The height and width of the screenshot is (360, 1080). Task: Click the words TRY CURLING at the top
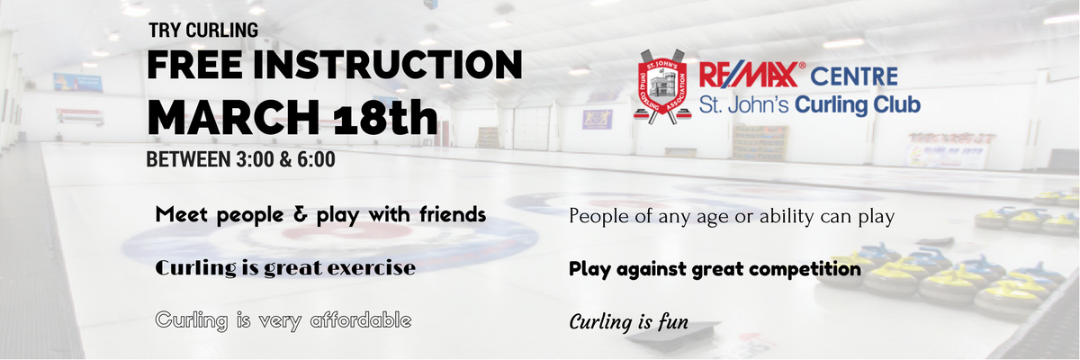(203, 31)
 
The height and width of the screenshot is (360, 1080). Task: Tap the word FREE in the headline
(194, 65)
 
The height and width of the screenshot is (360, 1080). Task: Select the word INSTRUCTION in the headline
(388, 65)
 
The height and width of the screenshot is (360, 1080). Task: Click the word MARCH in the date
(233, 117)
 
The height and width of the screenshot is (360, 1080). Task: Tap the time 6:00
(316, 160)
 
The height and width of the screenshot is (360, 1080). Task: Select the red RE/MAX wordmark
(748, 76)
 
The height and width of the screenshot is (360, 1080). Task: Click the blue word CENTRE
(854, 76)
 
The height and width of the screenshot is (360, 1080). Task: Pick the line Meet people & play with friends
(320, 215)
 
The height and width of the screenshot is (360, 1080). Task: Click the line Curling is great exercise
(285, 268)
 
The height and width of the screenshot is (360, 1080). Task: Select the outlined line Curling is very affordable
(283, 320)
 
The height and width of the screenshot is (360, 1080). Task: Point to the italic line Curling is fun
(629, 322)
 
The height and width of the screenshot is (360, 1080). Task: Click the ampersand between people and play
(301, 214)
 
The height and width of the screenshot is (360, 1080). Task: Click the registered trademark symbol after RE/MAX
(802, 65)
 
